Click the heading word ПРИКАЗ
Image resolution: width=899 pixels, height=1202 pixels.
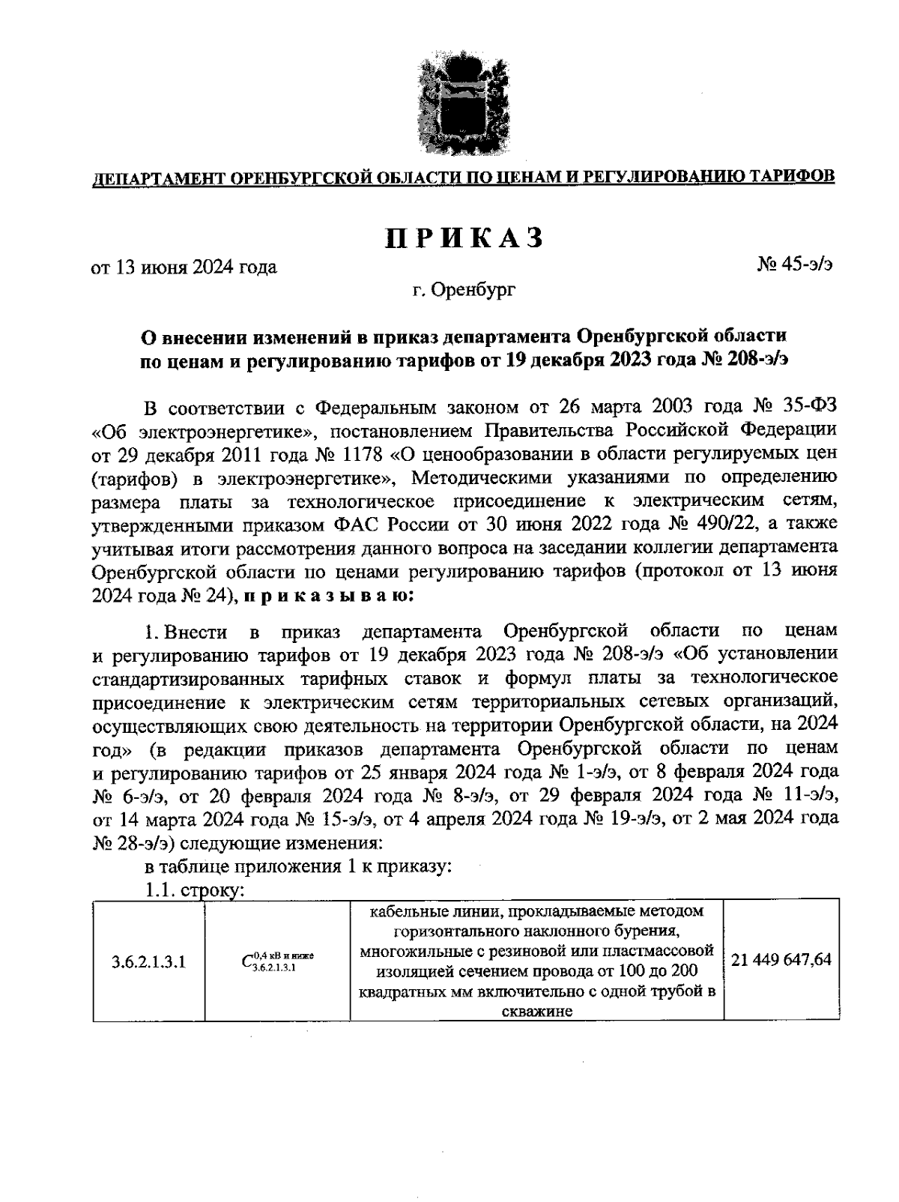[464, 237]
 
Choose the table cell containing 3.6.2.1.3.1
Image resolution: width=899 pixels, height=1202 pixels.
[148, 961]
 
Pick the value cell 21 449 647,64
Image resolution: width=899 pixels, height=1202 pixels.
[781, 960]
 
